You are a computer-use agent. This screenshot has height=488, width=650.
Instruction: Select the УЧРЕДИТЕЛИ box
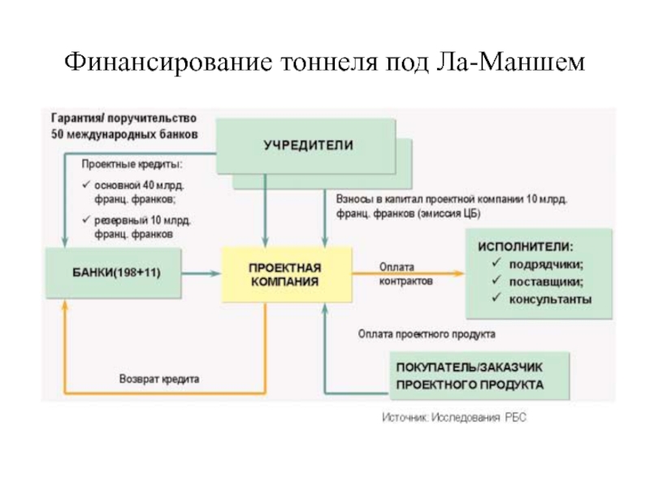click(x=308, y=144)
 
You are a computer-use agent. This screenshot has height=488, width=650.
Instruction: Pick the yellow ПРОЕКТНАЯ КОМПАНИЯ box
click(x=284, y=272)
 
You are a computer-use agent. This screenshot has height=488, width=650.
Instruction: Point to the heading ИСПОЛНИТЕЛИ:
click(x=524, y=245)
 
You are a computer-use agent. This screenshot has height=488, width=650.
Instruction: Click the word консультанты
click(x=550, y=299)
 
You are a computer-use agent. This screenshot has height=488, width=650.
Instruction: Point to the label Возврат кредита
click(x=159, y=379)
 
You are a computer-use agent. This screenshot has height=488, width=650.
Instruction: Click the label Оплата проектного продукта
click(x=427, y=333)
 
